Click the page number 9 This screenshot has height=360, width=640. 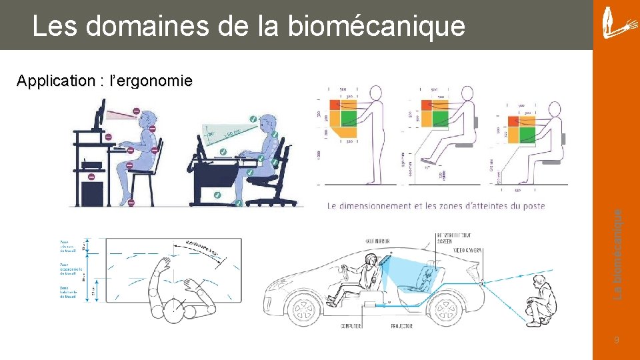point(617,341)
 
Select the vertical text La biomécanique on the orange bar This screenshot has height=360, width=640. point(618,254)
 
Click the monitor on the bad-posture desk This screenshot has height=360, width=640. point(99,115)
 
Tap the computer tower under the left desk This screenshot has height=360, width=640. point(91,192)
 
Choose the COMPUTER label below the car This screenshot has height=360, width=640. point(351,326)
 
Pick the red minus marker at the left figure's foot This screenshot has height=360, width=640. point(131,202)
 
